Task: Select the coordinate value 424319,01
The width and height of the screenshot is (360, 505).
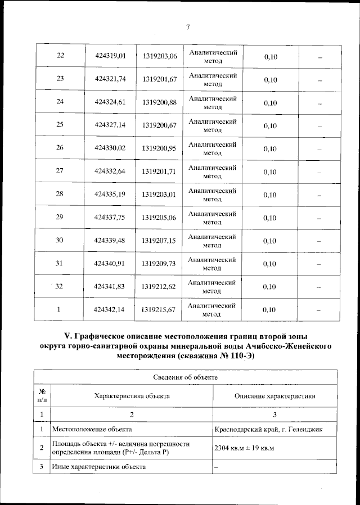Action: click(110, 56)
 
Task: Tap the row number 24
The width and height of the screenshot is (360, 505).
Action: click(60, 102)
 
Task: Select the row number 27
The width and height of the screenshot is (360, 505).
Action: click(60, 172)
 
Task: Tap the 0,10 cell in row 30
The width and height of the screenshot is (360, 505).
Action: click(270, 241)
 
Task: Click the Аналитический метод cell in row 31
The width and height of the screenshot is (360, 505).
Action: click(211, 264)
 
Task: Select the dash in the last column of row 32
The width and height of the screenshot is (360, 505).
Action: click(319, 287)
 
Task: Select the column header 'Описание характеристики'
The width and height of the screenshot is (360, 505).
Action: click(274, 396)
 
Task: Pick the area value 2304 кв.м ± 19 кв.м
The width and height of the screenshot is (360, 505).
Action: click(244, 448)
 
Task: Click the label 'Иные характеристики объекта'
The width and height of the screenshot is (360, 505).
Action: click(98, 467)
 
